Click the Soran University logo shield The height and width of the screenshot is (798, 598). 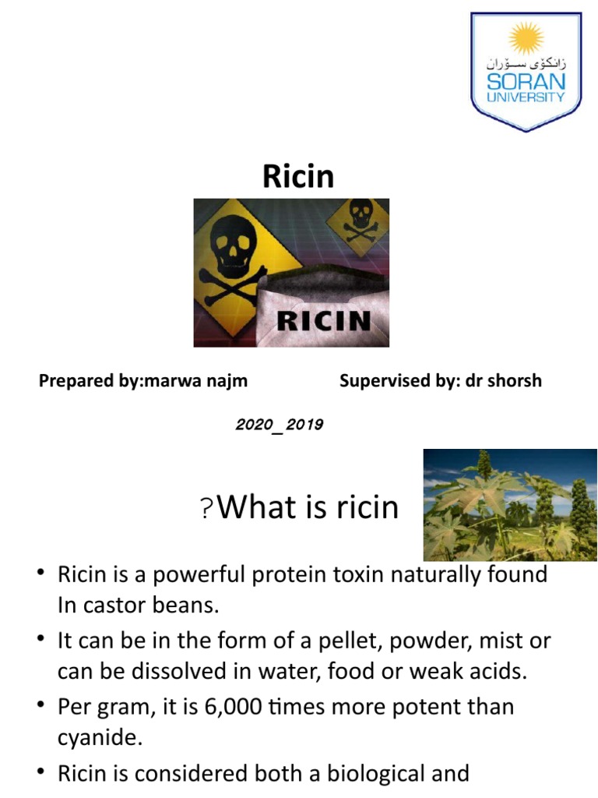[x=526, y=70]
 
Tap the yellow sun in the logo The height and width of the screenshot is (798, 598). [x=526, y=37]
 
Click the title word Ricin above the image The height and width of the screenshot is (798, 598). [x=298, y=176]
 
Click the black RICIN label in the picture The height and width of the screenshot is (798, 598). [x=325, y=320]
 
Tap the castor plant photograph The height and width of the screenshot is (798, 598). [x=509, y=504]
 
